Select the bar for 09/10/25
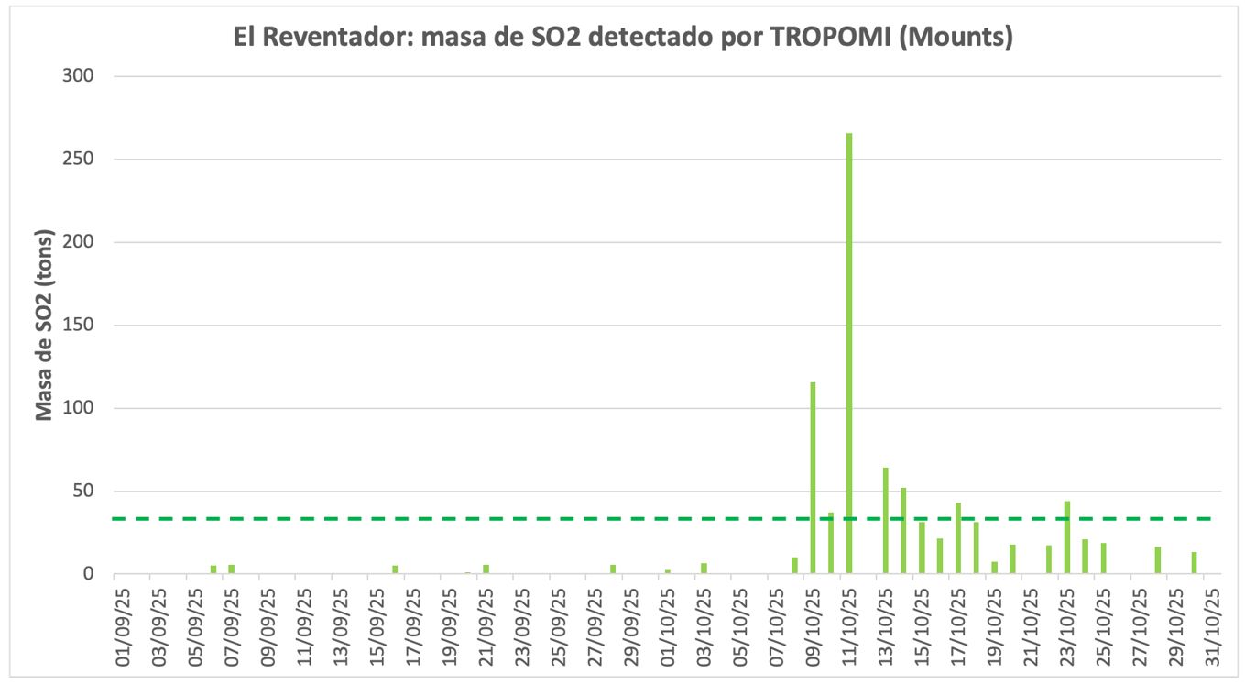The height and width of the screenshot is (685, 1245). (x=813, y=477)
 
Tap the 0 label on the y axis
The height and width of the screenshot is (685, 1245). (x=90, y=575)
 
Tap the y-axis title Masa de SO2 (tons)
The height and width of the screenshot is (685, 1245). (x=44, y=326)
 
